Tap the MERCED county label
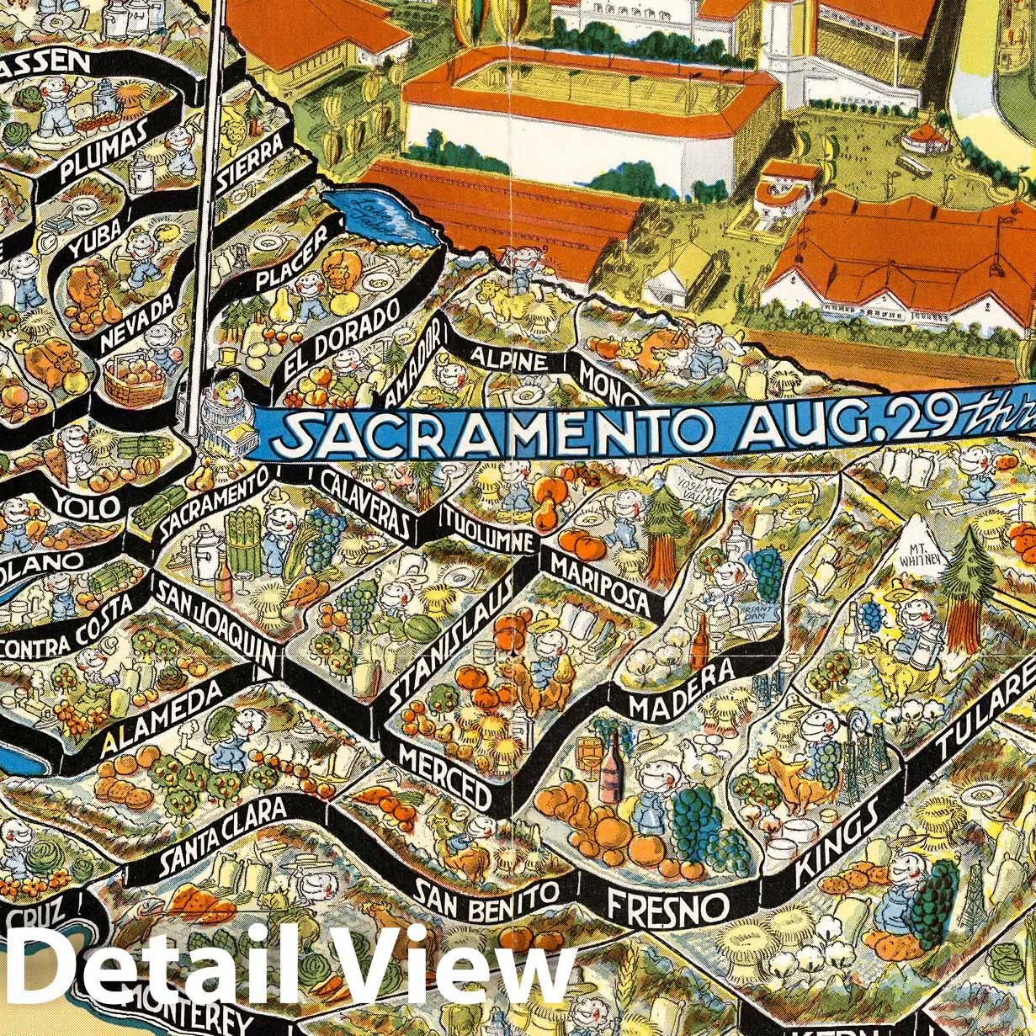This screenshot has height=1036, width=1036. coord(445,776)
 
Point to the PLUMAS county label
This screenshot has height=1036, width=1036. coord(104,152)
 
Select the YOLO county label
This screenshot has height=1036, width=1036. coord(88,503)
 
